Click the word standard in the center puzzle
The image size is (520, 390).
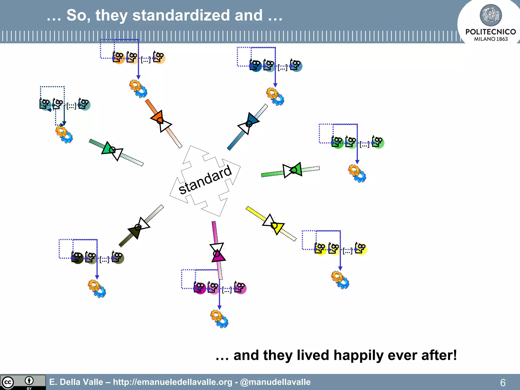tap(205, 180)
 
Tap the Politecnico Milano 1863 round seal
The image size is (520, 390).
tap(491, 15)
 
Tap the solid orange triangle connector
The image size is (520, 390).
tap(158, 117)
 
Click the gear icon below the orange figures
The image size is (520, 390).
tap(138, 89)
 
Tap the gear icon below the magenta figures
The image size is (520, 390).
tap(219, 319)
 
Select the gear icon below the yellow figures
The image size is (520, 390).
tap(340, 280)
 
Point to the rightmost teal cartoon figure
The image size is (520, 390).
tap(84, 104)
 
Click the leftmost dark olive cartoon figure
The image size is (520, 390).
tap(77, 258)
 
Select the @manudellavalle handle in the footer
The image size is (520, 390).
tap(275, 382)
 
